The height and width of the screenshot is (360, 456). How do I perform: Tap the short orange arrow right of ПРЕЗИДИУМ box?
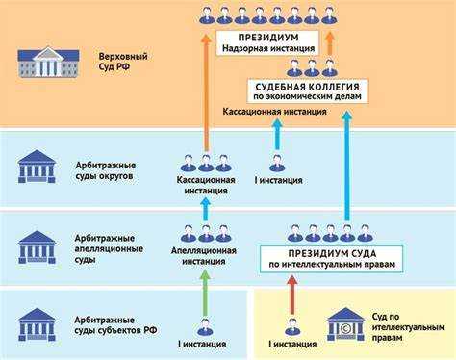(329, 42)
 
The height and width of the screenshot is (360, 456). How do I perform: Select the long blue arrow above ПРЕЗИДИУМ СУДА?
(346, 164)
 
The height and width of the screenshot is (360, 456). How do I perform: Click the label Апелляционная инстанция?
(206, 255)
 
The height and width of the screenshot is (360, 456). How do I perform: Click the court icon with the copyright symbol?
(343, 324)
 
